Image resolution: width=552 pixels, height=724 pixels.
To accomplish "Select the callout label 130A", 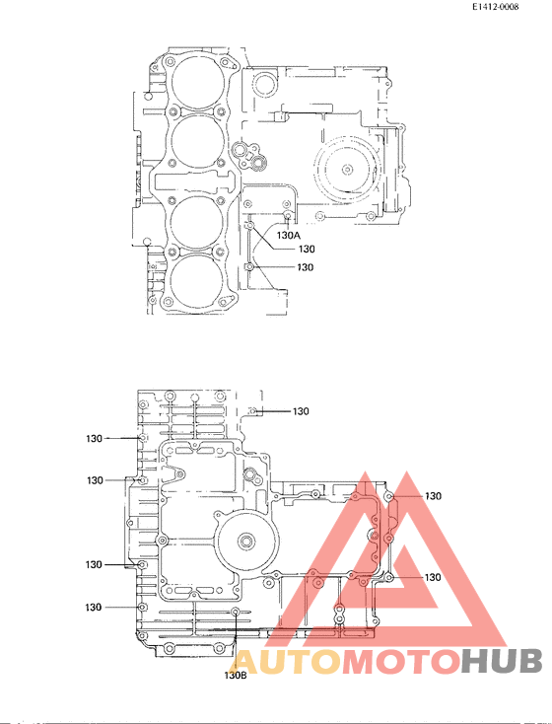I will (288, 236).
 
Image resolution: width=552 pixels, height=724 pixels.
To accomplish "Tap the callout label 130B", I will (235, 676).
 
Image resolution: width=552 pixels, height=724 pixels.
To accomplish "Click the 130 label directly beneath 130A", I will (306, 250).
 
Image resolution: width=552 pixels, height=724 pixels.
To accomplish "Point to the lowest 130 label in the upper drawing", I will (306, 267).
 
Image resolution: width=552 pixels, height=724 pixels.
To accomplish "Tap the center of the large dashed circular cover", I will (347, 168).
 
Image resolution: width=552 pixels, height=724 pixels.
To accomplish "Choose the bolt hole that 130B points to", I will (236, 614).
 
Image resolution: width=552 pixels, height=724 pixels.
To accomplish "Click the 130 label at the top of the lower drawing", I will (301, 411).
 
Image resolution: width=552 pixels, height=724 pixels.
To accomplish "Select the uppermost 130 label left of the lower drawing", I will (94, 437).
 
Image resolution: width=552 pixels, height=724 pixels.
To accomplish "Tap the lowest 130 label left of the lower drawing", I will (94, 607).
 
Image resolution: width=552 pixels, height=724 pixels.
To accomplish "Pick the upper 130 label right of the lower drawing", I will (433, 496).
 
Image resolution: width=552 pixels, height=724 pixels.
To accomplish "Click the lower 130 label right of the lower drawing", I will (433, 577).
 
